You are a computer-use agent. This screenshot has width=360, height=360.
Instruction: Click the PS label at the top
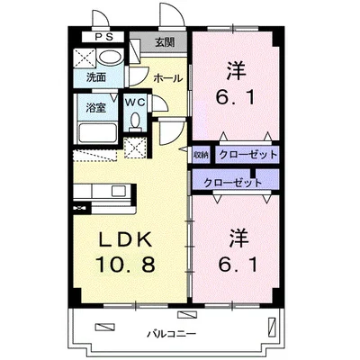[104, 37]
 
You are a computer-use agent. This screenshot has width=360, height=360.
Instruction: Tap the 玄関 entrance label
[165, 42]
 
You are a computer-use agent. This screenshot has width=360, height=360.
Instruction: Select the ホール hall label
[167, 78]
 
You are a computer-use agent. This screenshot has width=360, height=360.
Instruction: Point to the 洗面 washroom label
[96, 77]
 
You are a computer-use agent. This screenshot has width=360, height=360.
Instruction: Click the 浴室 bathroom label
[96, 108]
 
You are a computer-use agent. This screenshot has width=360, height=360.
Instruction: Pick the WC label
[135, 103]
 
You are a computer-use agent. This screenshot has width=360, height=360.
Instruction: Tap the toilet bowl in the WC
[136, 121]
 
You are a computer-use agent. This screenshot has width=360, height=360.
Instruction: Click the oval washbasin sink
[110, 57]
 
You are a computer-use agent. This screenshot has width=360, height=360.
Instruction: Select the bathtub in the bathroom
[98, 133]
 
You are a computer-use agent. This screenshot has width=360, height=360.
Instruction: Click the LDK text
[126, 240]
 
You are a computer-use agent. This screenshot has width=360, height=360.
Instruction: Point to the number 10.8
[125, 265]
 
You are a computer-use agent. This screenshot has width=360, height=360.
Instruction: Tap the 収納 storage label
[201, 155]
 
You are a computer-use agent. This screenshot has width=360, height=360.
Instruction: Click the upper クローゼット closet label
[247, 155]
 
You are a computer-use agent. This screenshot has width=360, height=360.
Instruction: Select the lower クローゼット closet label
[233, 183]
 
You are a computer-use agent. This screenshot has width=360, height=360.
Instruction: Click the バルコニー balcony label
[172, 334]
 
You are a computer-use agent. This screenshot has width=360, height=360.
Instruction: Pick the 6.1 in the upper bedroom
[237, 96]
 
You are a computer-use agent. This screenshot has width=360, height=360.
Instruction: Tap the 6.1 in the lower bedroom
[238, 265]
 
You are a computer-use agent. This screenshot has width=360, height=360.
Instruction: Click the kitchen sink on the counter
[119, 191]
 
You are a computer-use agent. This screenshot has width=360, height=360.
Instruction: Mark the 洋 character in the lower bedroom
[239, 238]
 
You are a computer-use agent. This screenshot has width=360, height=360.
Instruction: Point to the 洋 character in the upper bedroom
[237, 70]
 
